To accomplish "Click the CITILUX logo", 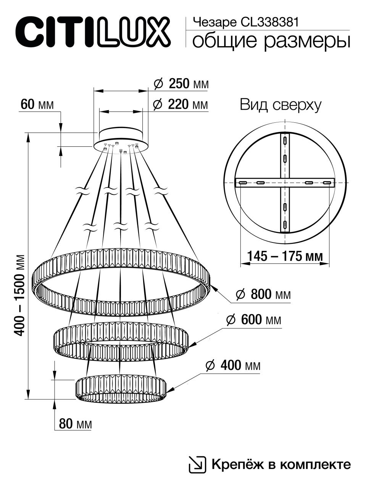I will [92, 32].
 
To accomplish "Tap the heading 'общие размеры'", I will [271, 41].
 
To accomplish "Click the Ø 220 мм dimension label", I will [181, 104].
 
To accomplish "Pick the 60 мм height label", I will [37, 104].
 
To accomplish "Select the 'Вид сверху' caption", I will [281, 105].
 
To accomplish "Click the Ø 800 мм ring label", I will [263, 294].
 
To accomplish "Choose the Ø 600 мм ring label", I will [253, 320].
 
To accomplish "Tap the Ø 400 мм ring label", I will [233, 366].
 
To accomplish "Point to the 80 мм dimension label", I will [76, 424].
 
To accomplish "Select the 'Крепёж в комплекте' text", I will [281, 464].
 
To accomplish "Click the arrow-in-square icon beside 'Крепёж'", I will [197, 464].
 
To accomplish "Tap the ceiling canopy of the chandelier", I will [121, 138].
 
